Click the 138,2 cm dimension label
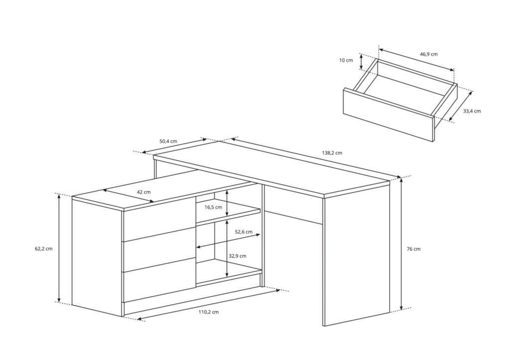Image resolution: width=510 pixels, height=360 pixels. [x=332, y=153]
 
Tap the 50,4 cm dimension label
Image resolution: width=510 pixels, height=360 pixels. [x=168, y=141]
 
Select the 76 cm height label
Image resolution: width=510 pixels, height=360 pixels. [x=413, y=249]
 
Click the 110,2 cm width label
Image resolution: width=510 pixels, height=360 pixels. [x=209, y=312]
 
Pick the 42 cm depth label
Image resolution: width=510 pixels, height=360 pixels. [x=143, y=192]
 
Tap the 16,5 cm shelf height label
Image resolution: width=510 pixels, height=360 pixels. [x=213, y=207]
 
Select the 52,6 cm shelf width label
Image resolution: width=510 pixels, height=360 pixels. [x=244, y=232]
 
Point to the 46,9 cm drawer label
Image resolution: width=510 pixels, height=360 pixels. [x=428, y=54]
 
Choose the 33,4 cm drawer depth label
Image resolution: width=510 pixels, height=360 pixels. [x=472, y=111]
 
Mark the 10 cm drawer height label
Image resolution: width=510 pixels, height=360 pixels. [x=346, y=60]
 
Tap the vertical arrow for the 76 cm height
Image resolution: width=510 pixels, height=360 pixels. [x=401, y=244]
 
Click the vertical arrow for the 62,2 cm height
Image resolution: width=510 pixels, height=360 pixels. [x=59, y=248]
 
